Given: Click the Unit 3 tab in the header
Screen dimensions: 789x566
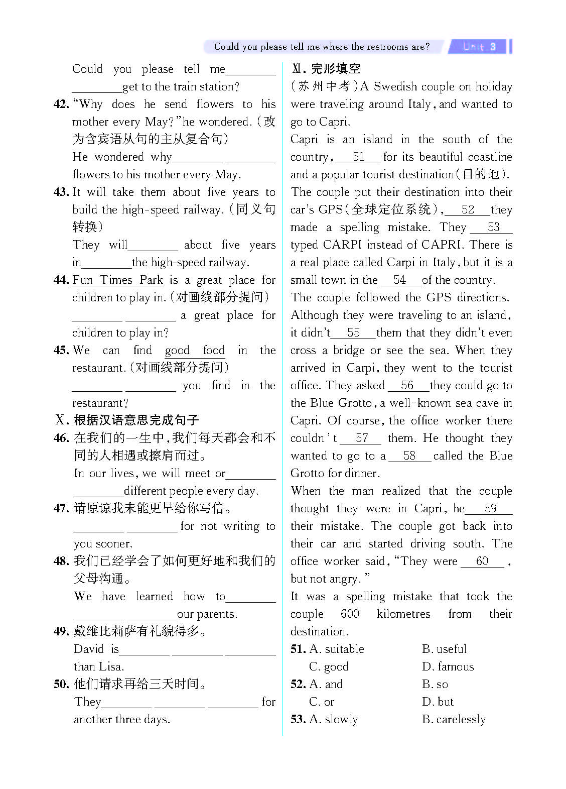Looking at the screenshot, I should coord(479,47).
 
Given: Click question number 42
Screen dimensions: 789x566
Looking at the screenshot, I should coord(61,104).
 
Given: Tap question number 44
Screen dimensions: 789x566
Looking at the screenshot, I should coord(61,280).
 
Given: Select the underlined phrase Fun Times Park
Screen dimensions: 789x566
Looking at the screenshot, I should coord(118,280).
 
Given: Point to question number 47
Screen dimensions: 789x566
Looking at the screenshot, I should coord(61,509).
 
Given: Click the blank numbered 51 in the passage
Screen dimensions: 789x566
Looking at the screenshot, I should coord(358,157).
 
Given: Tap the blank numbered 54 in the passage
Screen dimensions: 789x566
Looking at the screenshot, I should coord(400,280).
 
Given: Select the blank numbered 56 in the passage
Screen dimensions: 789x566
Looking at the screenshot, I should coord(407,385).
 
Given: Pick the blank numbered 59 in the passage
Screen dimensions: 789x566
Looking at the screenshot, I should coord(490,508).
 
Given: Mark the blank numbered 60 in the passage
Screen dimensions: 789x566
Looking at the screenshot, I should coord(482,561).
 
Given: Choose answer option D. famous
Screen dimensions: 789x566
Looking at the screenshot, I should coord(448,666).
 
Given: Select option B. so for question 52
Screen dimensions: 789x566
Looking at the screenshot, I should coord(435,684).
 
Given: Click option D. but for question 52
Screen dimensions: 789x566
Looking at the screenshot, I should coord(438,702).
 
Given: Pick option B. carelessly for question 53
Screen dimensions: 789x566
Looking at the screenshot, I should coord(454,719).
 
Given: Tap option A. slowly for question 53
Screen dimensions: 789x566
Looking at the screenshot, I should coord(334,719).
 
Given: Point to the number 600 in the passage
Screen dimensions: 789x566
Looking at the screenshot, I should coord(350,614).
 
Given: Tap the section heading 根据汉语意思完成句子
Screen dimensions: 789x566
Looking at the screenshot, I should coord(136,420).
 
